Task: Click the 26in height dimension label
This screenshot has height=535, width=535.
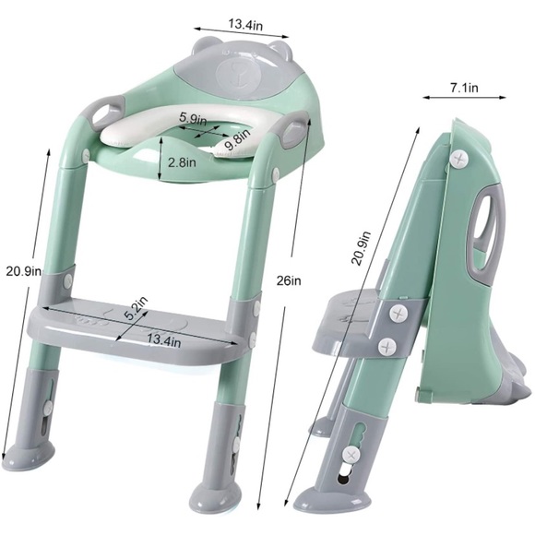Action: tap(289, 280)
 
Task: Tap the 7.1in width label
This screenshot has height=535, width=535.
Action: tap(464, 88)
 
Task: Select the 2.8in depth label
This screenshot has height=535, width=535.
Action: tap(182, 162)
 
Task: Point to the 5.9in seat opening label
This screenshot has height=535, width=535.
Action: tap(193, 118)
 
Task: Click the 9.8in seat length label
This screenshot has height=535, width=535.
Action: tap(238, 140)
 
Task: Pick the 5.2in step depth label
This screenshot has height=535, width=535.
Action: tap(137, 308)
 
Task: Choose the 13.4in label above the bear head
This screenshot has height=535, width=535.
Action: tap(245, 25)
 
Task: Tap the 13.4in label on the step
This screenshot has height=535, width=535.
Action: tap(164, 339)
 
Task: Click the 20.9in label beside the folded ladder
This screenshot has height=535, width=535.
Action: tap(361, 248)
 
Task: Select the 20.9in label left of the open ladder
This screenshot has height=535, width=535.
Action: tap(24, 271)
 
